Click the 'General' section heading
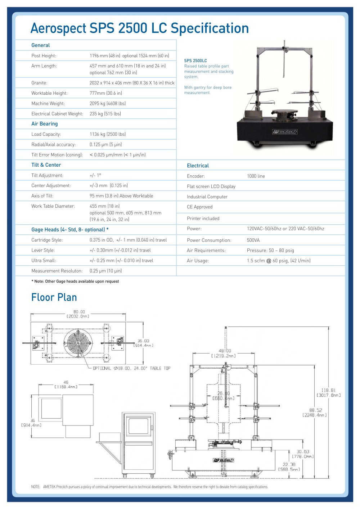40,45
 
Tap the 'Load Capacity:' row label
46,134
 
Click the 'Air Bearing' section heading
45,124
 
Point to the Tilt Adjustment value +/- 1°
95,175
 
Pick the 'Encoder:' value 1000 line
256,176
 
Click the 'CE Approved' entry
199,207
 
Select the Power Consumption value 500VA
253,240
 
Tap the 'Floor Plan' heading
54,297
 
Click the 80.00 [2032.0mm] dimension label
78,314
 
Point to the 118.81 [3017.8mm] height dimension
329,393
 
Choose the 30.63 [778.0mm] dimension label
303,454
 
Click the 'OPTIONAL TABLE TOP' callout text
132,368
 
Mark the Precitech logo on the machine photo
285,131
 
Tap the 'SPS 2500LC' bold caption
195,61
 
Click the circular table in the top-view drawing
78,343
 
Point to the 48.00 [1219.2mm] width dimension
224,353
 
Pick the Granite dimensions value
132,83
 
